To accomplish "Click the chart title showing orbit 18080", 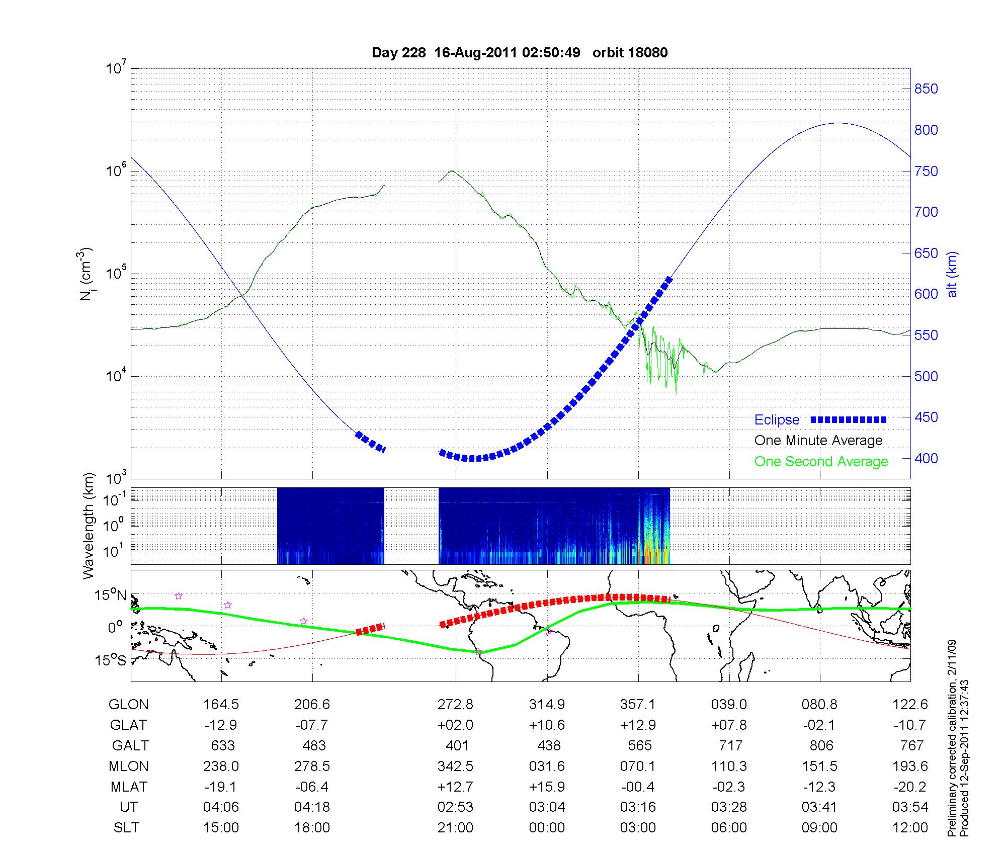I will click(x=520, y=53).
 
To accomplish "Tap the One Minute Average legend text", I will click(x=818, y=441).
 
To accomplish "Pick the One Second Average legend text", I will click(x=821, y=462).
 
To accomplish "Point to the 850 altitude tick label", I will click(x=926, y=89).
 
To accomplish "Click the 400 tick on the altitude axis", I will click(x=926, y=458).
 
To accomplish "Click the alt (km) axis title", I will click(x=952, y=274).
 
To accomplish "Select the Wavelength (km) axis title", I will click(x=89, y=526).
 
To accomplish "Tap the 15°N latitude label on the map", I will click(x=111, y=595).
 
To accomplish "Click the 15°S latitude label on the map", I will click(x=111, y=660).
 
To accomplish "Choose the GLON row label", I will click(x=128, y=705).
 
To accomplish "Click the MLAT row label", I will click(x=129, y=787).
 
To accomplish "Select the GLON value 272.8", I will click(x=455, y=705).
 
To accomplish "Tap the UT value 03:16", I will click(x=638, y=807).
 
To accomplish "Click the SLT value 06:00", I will click(x=729, y=828).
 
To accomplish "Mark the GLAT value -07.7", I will click(x=312, y=725).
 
